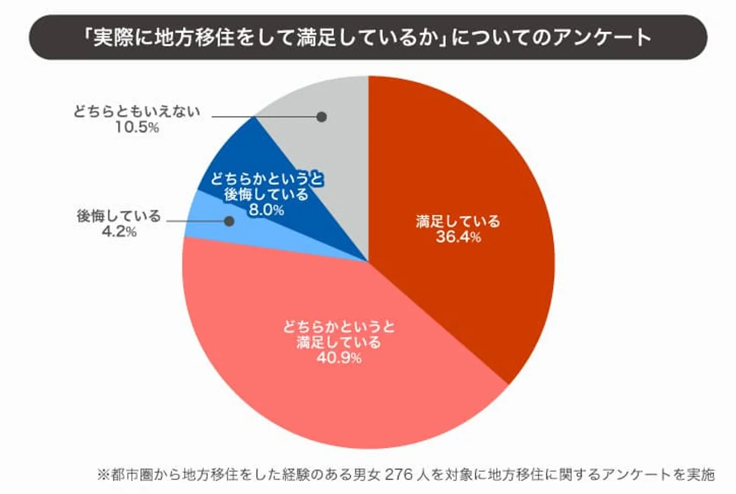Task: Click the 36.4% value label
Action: tap(458, 237)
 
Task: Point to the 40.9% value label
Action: tap(339, 358)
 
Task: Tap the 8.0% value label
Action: tap(266, 210)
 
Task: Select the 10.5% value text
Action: tap(136, 127)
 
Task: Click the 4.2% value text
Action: tap(119, 232)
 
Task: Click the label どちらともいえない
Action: tap(136, 112)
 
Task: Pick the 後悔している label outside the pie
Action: tap(119, 216)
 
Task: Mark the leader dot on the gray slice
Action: tap(321, 117)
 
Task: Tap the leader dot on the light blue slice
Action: tap(229, 221)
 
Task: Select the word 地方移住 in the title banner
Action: tap(194, 37)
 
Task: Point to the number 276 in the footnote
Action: tap(398, 474)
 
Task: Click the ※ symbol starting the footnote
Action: tap(104, 475)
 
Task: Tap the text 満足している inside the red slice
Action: tap(458, 221)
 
